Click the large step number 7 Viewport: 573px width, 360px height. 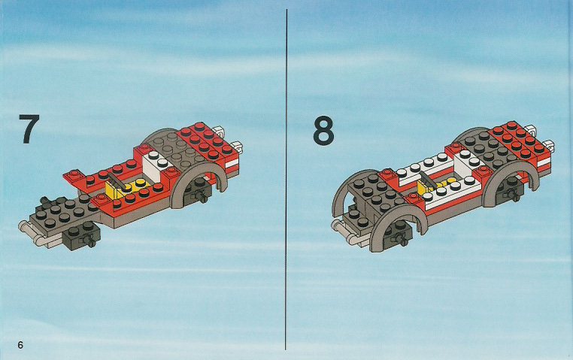tap(29, 129)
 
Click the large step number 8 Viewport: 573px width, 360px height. tap(323, 132)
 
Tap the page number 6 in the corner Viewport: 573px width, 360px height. tap(20, 345)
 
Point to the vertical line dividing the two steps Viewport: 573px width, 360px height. tap(286, 180)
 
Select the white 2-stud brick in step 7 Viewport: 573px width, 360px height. tap(156, 165)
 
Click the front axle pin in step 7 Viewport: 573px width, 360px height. tap(90, 240)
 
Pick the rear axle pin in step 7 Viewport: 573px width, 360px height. tap(202, 197)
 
